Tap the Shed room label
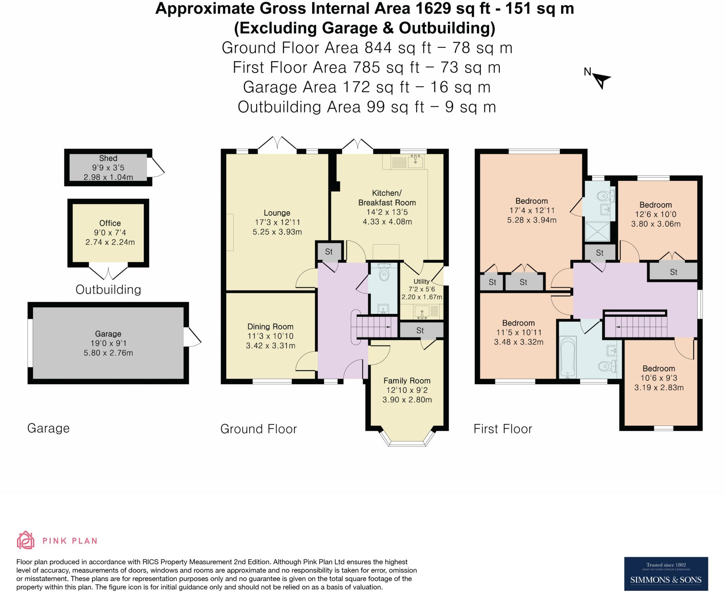click(108, 158)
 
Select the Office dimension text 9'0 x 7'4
click(110, 233)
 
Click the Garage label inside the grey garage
click(108, 334)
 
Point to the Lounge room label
click(277, 213)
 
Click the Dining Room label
click(270, 327)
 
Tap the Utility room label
click(421, 281)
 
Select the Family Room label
click(407, 381)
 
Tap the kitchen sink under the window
click(415, 162)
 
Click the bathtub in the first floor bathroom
click(567, 357)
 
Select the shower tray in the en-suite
click(597, 232)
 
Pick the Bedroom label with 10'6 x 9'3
click(658, 368)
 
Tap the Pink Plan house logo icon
click(25, 540)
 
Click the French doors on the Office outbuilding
click(108, 273)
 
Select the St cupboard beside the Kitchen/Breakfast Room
click(329, 252)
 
